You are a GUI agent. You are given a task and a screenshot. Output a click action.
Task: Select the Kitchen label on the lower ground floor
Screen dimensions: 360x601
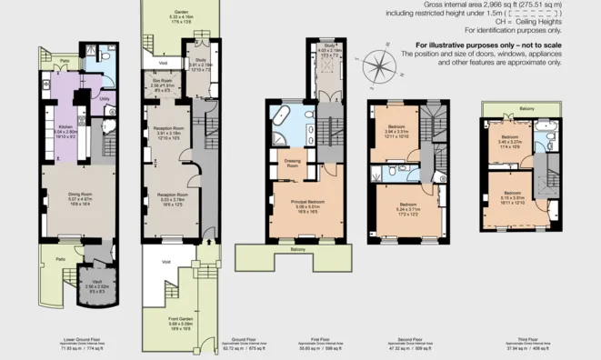point(65,127)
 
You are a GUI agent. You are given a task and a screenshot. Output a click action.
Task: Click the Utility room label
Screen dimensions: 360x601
point(105,99)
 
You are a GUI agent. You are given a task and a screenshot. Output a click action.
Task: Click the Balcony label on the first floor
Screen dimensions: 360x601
point(297,249)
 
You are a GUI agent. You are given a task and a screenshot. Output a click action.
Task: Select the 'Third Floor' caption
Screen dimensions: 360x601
point(523,341)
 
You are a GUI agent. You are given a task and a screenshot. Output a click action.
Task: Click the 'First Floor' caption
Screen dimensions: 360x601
point(297,341)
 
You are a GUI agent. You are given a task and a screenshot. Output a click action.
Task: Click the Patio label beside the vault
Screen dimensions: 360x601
point(60,259)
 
